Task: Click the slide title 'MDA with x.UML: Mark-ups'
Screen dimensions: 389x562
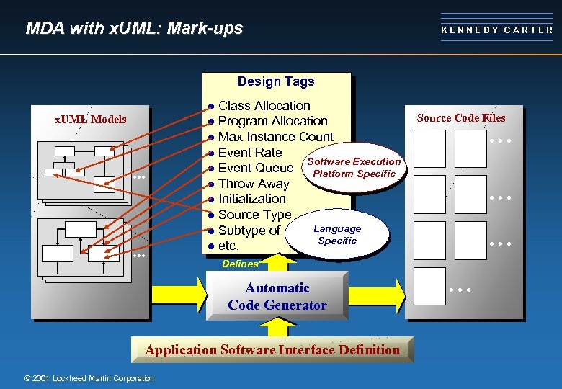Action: (134, 29)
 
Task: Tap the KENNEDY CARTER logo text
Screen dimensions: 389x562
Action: (497, 30)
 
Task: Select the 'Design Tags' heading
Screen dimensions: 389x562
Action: (276, 81)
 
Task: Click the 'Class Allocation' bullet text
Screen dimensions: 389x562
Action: (264, 106)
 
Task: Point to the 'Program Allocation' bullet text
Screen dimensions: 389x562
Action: (272, 121)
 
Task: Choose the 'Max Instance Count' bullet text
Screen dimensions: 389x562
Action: (275, 137)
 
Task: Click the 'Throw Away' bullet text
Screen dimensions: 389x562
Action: (253, 184)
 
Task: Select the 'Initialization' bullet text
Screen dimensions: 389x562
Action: (251, 199)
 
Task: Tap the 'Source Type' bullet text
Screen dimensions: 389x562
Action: (254, 215)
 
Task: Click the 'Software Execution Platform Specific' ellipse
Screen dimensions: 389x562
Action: (354, 168)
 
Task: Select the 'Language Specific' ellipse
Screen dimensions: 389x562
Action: (337, 235)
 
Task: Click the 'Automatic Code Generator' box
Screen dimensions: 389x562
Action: (277, 296)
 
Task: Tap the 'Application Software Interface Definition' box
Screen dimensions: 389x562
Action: (272, 350)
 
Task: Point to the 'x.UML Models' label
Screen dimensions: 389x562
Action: (91, 120)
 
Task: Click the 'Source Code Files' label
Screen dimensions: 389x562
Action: (461, 118)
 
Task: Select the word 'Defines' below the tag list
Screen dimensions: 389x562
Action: (239, 264)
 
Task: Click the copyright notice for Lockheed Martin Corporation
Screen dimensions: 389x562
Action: (89, 378)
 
